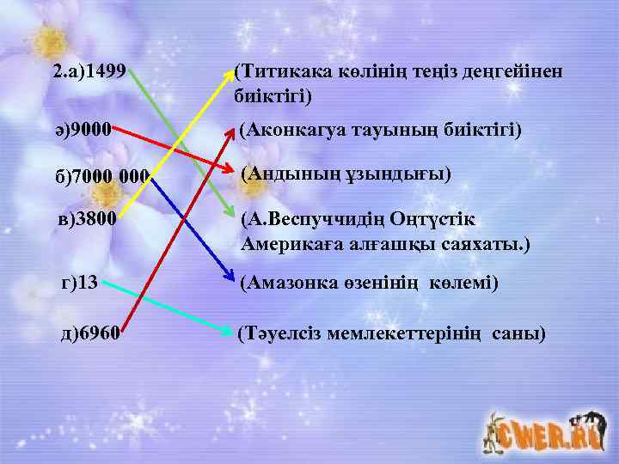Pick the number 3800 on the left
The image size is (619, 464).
pyautogui.click(x=95, y=220)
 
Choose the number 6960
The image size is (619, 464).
pyautogui.click(x=98, y=333)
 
